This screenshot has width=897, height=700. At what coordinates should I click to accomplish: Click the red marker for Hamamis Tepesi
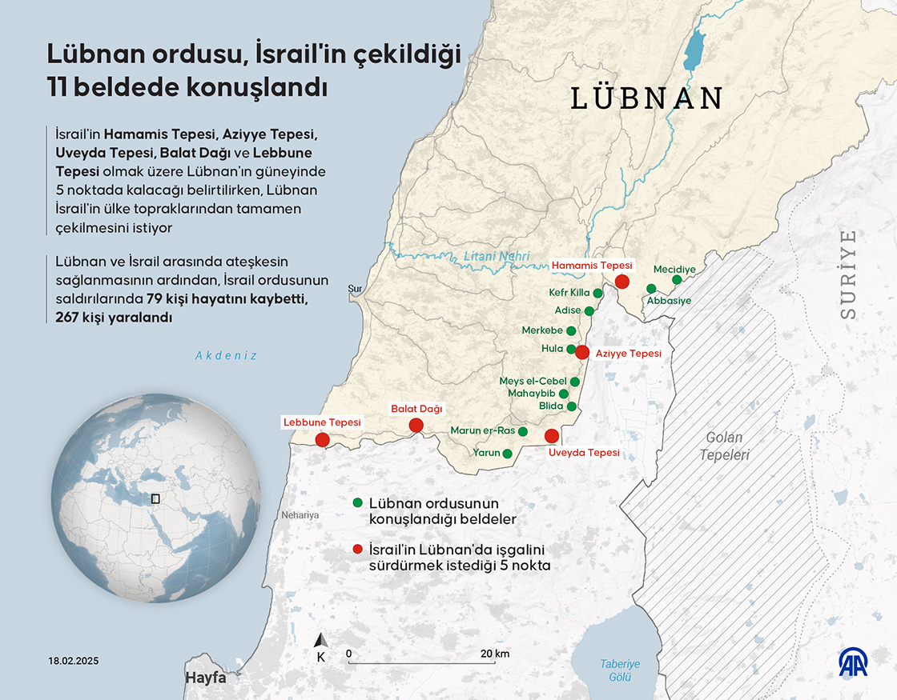621,281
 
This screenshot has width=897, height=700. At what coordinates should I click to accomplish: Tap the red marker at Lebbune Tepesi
322,440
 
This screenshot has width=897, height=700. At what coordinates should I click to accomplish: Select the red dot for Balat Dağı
416,426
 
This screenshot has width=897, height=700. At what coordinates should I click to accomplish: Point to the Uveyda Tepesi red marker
551,436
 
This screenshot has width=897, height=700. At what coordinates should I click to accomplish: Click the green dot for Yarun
507,453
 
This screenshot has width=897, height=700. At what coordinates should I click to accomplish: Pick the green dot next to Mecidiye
677,280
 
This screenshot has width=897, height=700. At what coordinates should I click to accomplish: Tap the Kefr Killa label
569,293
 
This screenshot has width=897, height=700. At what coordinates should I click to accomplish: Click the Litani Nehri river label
497,257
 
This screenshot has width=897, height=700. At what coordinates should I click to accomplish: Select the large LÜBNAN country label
647,98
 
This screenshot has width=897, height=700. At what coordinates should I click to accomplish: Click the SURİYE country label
848,274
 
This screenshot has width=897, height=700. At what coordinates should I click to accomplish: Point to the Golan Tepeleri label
724,446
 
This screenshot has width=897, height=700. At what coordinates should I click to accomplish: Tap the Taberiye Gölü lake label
621,670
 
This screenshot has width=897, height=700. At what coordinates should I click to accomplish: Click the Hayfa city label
206,677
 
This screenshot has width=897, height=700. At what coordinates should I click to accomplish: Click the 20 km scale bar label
496,654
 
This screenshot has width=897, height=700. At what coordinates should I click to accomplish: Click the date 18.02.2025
74,662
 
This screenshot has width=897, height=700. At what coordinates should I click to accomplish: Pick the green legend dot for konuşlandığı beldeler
357,502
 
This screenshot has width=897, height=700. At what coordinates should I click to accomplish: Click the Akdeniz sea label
226,355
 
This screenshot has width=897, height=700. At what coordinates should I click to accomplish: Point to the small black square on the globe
155,498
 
